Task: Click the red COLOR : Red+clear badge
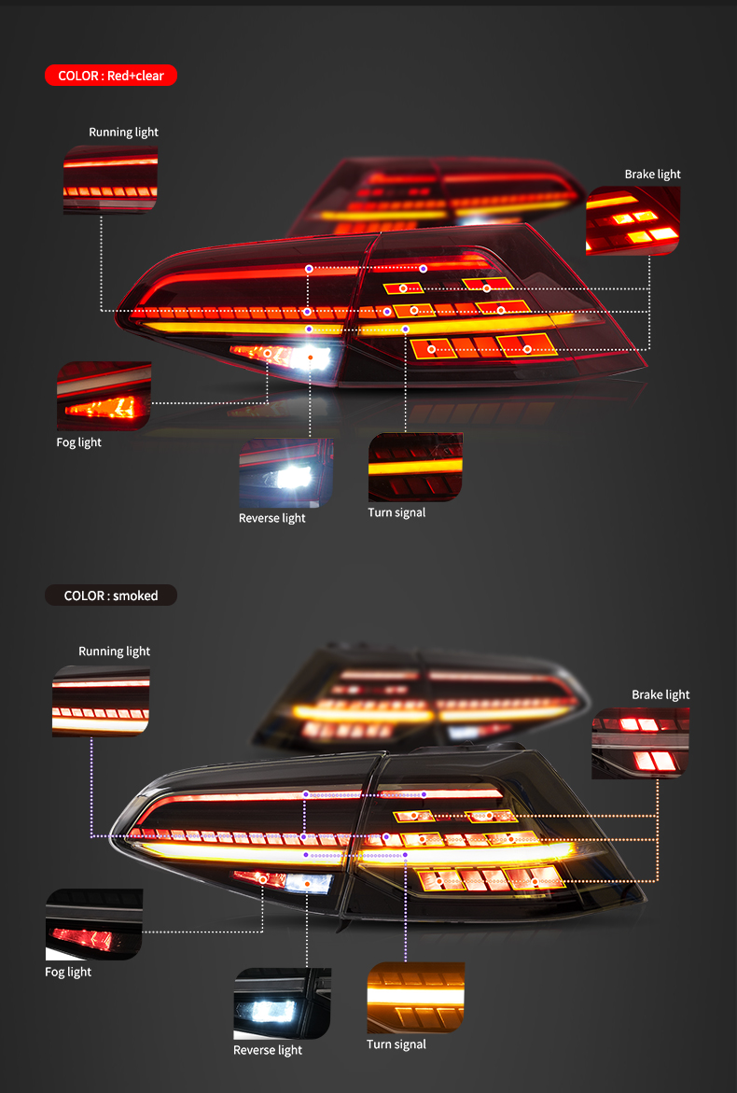point(111,76)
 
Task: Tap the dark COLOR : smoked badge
point(111,596)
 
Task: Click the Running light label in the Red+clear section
point(123,133)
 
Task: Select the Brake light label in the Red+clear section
point(653,175)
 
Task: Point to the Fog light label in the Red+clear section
point(78,442)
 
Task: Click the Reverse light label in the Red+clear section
point(271,518)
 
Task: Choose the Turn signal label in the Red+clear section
point(396,512)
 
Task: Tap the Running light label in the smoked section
point(114,652)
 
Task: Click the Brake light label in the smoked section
point(661,694)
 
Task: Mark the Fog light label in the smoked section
point(68,972)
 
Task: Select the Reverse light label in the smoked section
point(268,1050)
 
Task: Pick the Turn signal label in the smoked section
point(396,1044)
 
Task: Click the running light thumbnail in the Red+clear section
point(110,179)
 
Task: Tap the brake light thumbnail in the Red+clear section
point(633,221)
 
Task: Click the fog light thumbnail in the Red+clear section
point(104,396)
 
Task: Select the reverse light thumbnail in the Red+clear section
point(286,473)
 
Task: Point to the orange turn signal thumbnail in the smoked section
point(415,998)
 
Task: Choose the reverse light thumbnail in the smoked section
point(282,1003)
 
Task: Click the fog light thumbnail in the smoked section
point(94,924)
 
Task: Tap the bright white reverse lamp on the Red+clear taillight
point(310,357)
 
